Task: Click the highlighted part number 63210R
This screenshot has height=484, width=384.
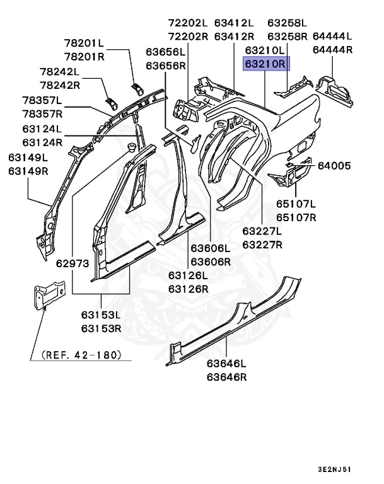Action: coord(265,63)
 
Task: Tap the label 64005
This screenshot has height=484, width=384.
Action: coord(334,166)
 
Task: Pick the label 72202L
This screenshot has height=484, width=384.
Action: coord(188,23)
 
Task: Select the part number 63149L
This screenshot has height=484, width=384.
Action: coord(28,158)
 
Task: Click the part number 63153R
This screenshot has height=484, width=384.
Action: coord(101,328)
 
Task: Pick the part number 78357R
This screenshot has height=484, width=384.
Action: coord(42,113)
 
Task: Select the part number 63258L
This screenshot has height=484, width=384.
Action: coord(287,23)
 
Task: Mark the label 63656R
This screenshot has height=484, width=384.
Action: coord(166,65)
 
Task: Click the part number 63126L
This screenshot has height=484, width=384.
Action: coord(188,275)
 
